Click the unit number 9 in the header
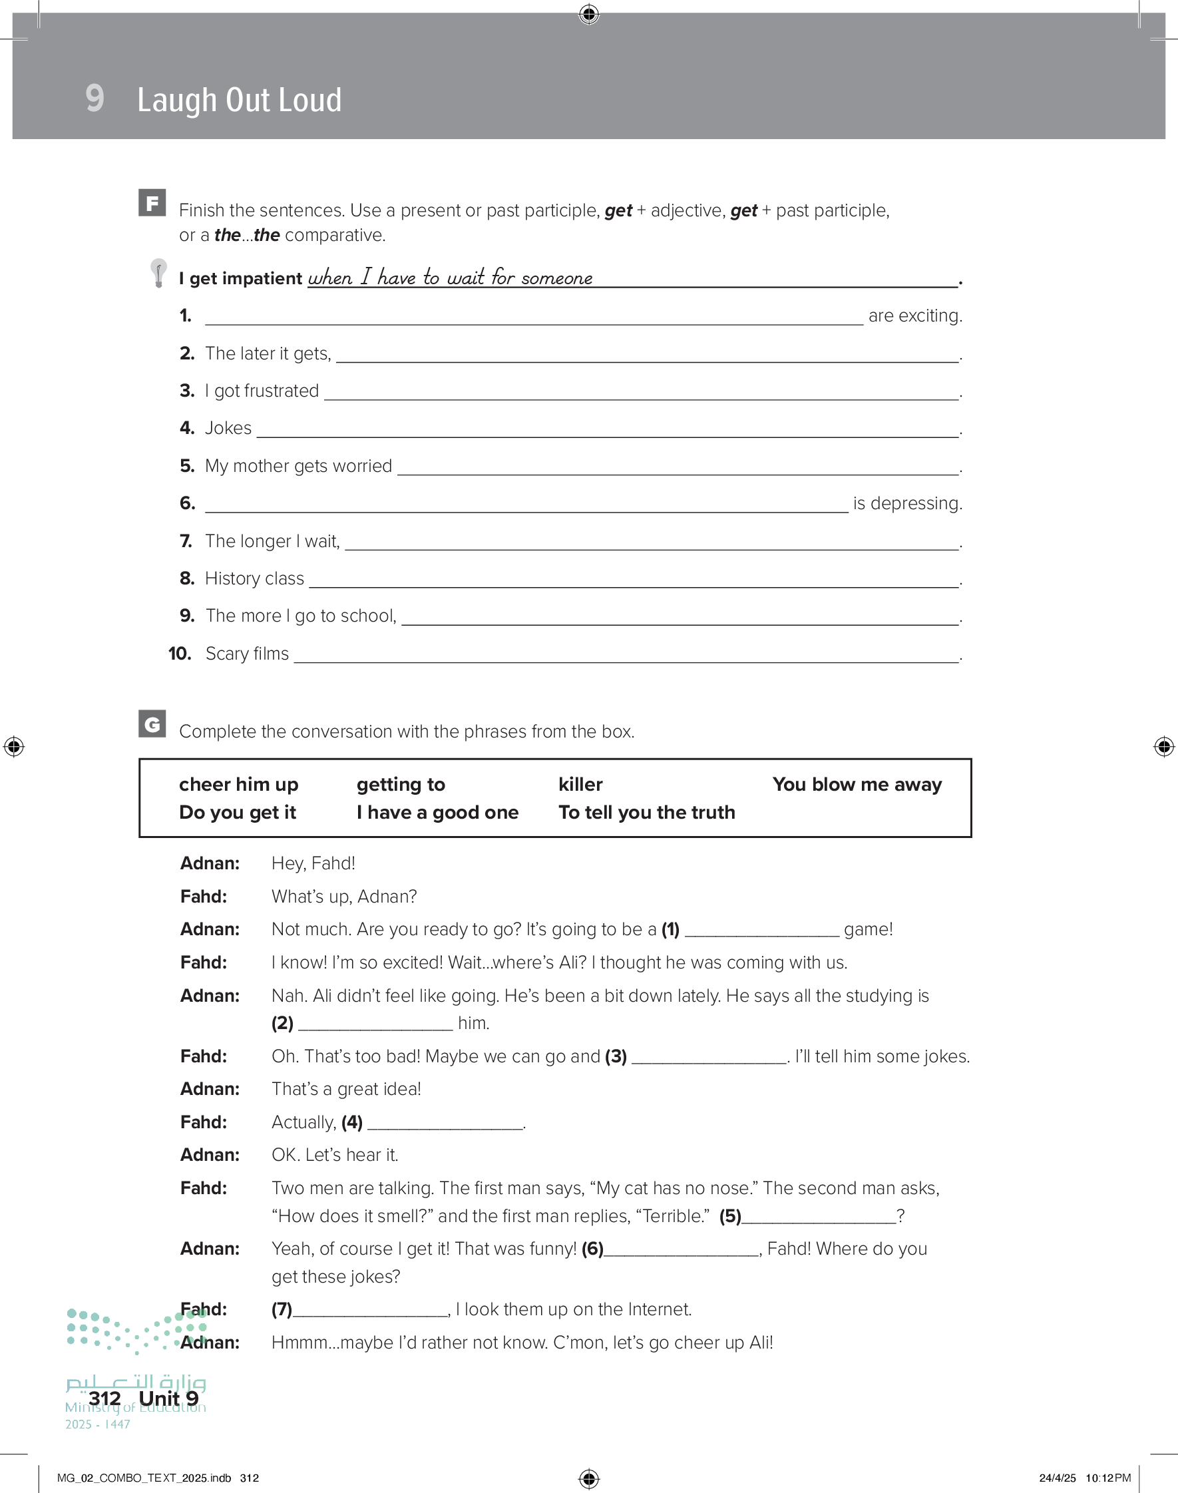pos(95,98)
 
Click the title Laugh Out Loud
pos(239,100)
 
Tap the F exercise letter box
pos(152,203)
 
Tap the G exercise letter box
pos(152,724)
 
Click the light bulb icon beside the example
pos(158,273)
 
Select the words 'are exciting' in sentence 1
pos(914,316)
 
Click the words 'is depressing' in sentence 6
pos(907,503)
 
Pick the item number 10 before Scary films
pos(180,654)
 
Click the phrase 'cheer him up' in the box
pos(239,785)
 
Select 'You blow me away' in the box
pos(857,785)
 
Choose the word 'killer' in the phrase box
pos(580,785)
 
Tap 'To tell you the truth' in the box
pos(646,812)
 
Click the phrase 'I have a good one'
pos(437,812)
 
